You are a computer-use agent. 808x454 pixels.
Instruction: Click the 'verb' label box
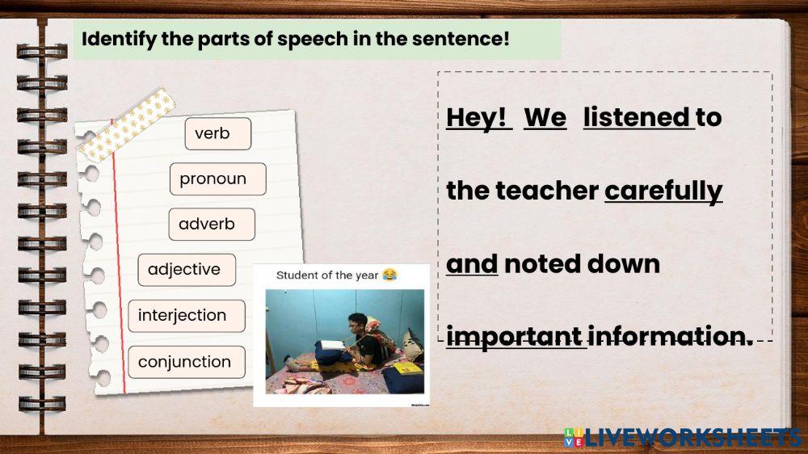pyautogui.click(x=217, y=134)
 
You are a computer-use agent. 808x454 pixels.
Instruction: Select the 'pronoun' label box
pyautogui.click(x=217, y=179)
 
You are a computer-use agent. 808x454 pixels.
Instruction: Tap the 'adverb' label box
pyautogui.click(x=212, y=225)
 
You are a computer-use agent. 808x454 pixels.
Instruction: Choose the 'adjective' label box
pyautogui.click(x=186, y=270)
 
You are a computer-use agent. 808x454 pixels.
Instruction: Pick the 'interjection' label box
pyautogui.click(x=186, y=315)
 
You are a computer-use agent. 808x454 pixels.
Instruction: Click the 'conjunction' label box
pyautogui.click(x=186, y=362)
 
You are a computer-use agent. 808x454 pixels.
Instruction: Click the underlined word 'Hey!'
pyautogui.click(x=478, y=118)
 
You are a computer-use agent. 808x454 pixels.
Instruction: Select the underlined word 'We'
pyautogui.click(x=545, y=118)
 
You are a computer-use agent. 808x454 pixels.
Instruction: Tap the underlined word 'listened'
pyautogui.click(x=637, y=118)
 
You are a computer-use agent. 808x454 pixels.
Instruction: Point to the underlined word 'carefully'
pyautogui.click(x=663, y=191)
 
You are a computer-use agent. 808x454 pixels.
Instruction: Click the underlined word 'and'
pyautogui.click(x=472, y=264)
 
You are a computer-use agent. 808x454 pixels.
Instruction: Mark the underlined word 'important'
pyautogui.click(x=515, y=336)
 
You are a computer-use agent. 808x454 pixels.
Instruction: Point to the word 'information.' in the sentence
pyautogui.click(x=670, y=336)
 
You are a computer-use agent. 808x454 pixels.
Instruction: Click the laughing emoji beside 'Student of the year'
pyautogui.click(x=390, y=275)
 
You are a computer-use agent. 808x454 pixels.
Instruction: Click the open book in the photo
pyautogui.click(x=332, y=346)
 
